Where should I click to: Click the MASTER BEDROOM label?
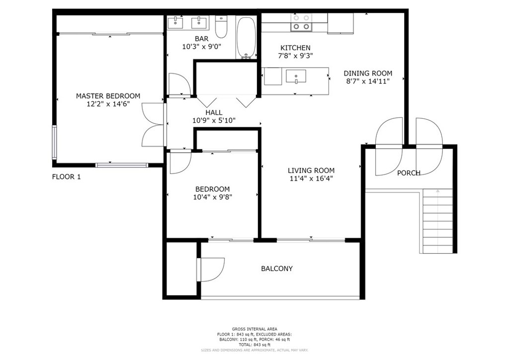108,96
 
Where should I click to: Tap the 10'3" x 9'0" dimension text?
202,47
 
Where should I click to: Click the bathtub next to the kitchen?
247,38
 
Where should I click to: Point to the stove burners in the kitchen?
302,22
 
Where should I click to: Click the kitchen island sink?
296,77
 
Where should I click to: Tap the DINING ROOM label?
368,74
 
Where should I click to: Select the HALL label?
214,113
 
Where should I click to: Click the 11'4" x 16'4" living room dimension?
311,179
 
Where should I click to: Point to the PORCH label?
409,173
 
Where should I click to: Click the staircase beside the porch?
437,221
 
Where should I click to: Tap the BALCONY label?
277,269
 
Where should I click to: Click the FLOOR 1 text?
66,177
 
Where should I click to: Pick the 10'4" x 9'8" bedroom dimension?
213,197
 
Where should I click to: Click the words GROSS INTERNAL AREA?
254,329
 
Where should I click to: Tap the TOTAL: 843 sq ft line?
254,345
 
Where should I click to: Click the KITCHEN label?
295,48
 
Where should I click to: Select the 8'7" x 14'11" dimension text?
368,81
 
